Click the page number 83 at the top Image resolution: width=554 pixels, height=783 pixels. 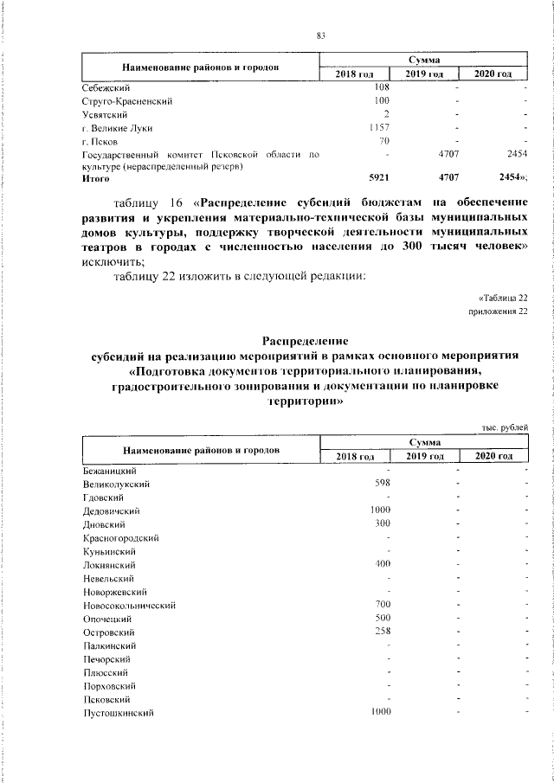pyautogui.click(x=320, y=35)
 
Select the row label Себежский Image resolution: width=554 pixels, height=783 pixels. pyautogui.click(x=106, y=87)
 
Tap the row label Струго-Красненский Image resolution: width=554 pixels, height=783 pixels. pyautogui.click(x=127, y=101)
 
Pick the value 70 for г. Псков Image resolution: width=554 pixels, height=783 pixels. pyautogui.click(x=385, y=140)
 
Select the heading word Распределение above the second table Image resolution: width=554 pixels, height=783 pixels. pyautogui.click(x=305, y=341)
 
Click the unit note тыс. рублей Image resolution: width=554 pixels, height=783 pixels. pyautogui.click(x=505, y=427)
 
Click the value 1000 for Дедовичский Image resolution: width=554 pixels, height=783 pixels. pyautogui.click(x=380, y=510)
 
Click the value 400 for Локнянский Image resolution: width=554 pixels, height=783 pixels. pyautogui.click(x=382, y=564)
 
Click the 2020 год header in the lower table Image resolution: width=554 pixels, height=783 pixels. pyautogui.click(x=494, y=456)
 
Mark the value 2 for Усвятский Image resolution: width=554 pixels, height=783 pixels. pyautogui.click(x=387, y=114)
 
